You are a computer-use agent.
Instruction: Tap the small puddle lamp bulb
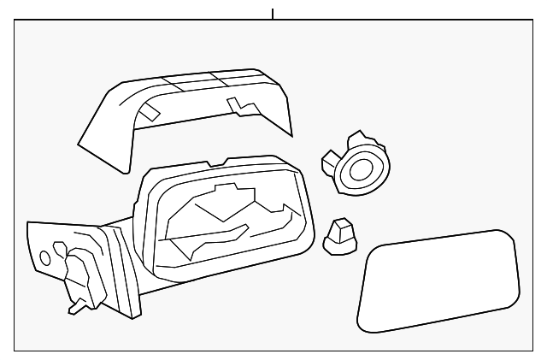339,234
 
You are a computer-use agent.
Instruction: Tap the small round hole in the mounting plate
44,257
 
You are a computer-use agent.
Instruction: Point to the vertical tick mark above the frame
273,14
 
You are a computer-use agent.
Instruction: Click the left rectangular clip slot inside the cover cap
149,112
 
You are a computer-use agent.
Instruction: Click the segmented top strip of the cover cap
197,80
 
